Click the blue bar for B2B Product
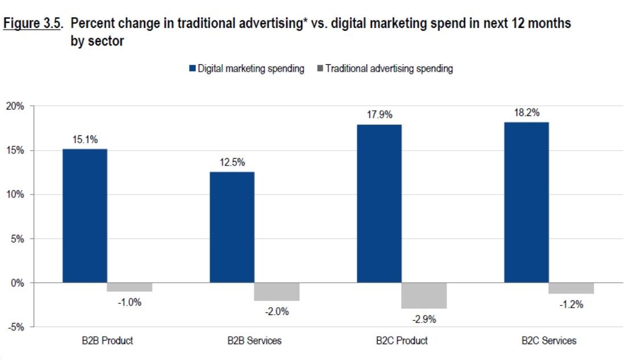tap(85, 216)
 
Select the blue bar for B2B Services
tap(232, 227)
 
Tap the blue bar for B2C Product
tap(379, 204)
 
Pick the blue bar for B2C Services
tap(526, 202)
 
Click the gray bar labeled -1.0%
tap(130, 287)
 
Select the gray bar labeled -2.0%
tap(277, 292)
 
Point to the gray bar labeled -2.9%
tap(424, 296)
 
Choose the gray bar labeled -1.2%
tap(571, 288)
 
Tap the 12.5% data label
tap(233, 163)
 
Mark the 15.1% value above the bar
tap(85, 139)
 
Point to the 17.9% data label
tap(379, 114)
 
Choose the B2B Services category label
tap(254, 341)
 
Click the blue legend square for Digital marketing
tap(192, 69)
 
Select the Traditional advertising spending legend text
tap(389, 69)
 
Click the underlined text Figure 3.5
tap(32, 24)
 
